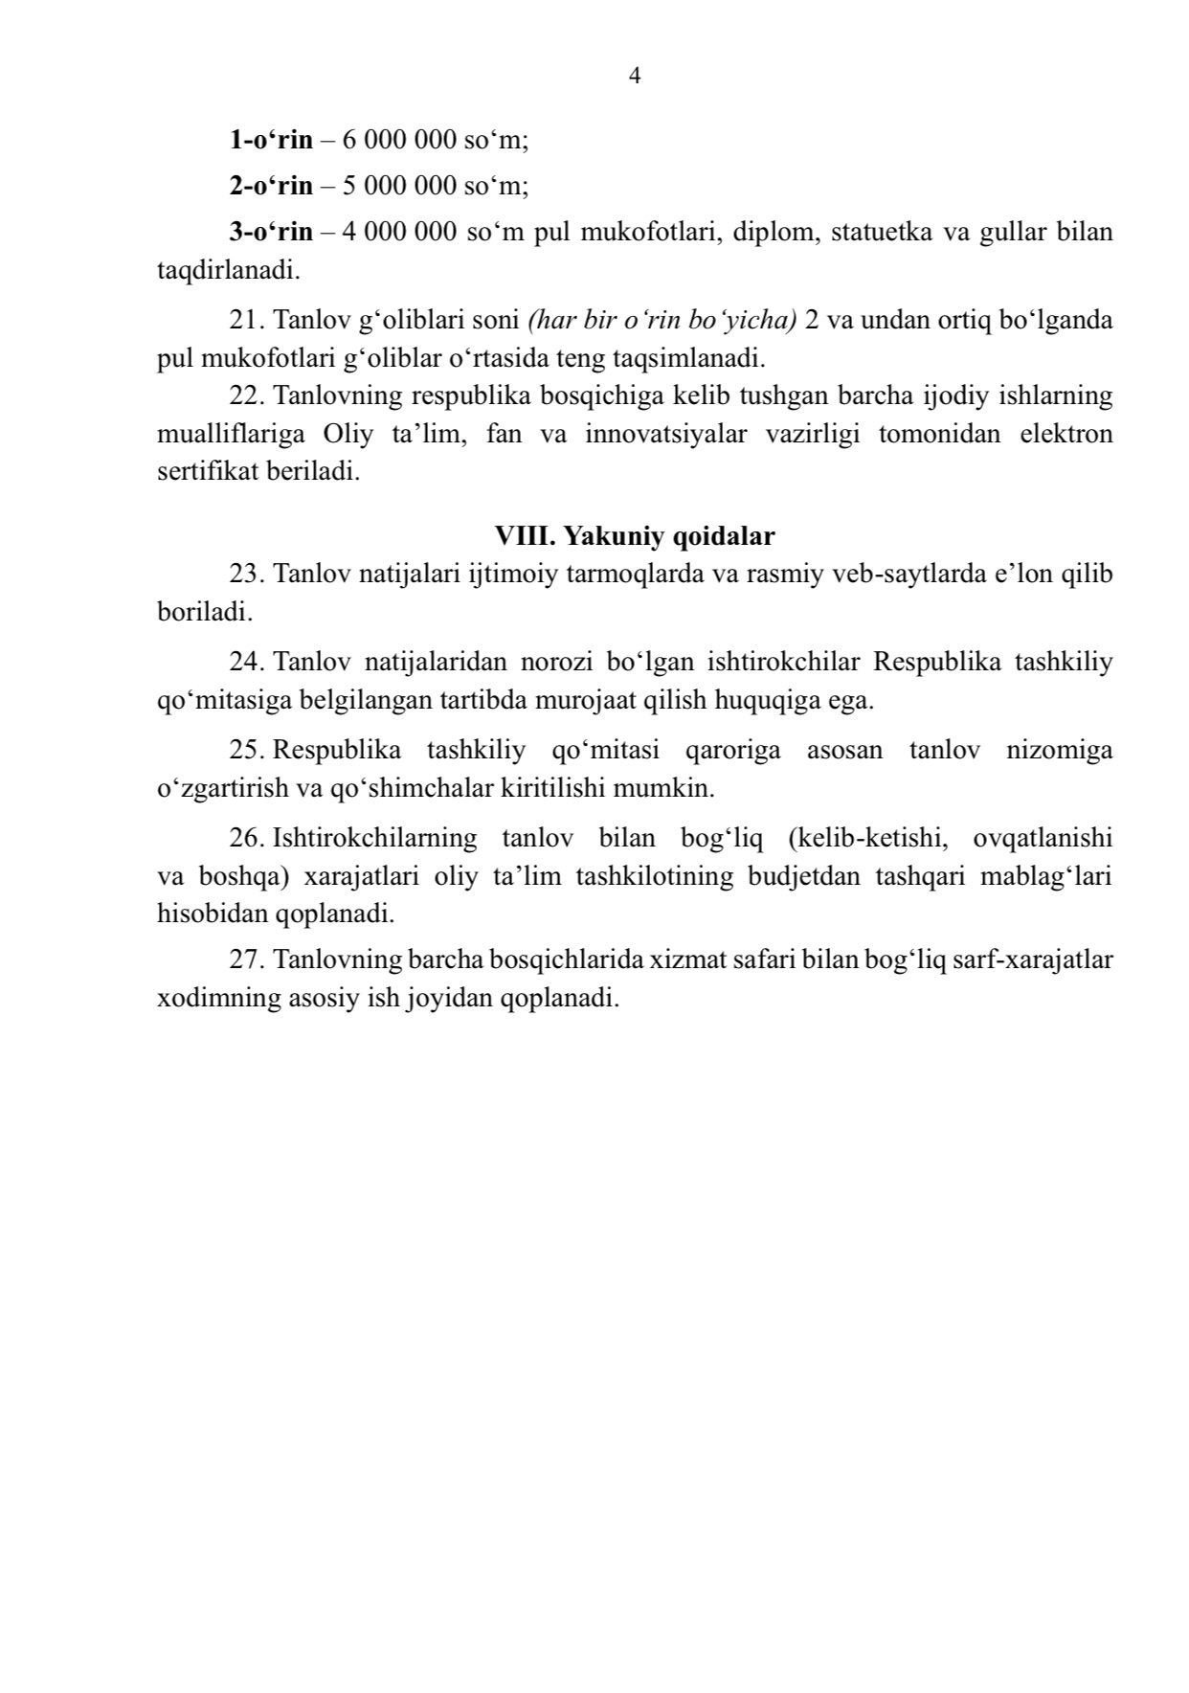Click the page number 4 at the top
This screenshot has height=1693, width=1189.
coord(635,77)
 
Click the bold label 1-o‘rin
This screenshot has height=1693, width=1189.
coord(271,140)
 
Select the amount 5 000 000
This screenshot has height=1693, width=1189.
coord(399,186)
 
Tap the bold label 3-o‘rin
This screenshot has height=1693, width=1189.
coord(271,232)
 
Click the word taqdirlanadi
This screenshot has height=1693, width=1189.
coord(228,270)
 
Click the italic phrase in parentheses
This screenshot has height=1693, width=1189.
coord(662,320)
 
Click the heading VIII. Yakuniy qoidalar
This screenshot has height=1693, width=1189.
coord(634,536)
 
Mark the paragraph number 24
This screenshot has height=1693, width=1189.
coord(246,662)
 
